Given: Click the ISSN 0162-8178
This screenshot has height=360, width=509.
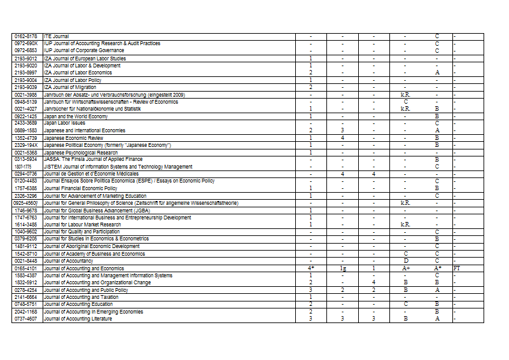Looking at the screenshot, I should (25, 36).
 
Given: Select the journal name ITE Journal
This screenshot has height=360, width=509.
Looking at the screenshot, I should (56, 36).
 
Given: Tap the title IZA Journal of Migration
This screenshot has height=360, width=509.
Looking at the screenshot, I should (70, 87).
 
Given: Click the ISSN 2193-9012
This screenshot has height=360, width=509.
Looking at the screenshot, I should (25, 59).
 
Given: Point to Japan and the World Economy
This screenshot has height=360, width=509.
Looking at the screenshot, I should (76, 116).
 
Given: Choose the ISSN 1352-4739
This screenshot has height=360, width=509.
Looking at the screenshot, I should (25, 138).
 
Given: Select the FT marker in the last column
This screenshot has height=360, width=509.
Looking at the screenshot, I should (457, 268).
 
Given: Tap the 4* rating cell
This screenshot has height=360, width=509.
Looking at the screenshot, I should (310, 268).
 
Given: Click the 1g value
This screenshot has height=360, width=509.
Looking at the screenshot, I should (342, 268).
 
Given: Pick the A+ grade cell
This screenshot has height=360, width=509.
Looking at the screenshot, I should (405, 268).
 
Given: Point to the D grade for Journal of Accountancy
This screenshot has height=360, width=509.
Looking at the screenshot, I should (405, 261).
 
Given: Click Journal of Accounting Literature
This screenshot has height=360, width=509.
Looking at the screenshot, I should (78, 319).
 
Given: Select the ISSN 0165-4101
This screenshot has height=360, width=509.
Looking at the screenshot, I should (25, 268).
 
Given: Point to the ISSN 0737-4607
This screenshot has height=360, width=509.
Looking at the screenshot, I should (25, 319).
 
